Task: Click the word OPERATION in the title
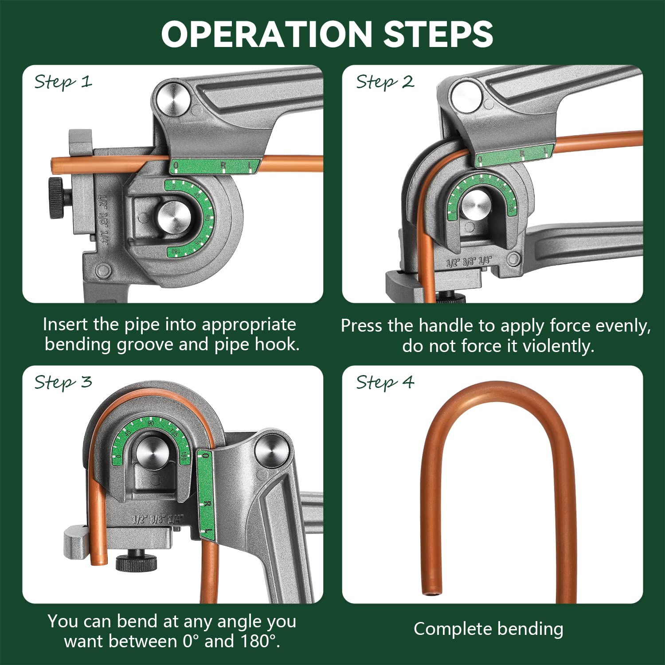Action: (266, 35)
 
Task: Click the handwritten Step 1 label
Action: (63, 82)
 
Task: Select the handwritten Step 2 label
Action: (385, 82)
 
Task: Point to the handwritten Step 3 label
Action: (63, 382)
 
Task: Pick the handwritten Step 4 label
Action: (385, 382)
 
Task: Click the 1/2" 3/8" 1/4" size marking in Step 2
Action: (469, 262)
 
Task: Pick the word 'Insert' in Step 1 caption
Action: (65, 325)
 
